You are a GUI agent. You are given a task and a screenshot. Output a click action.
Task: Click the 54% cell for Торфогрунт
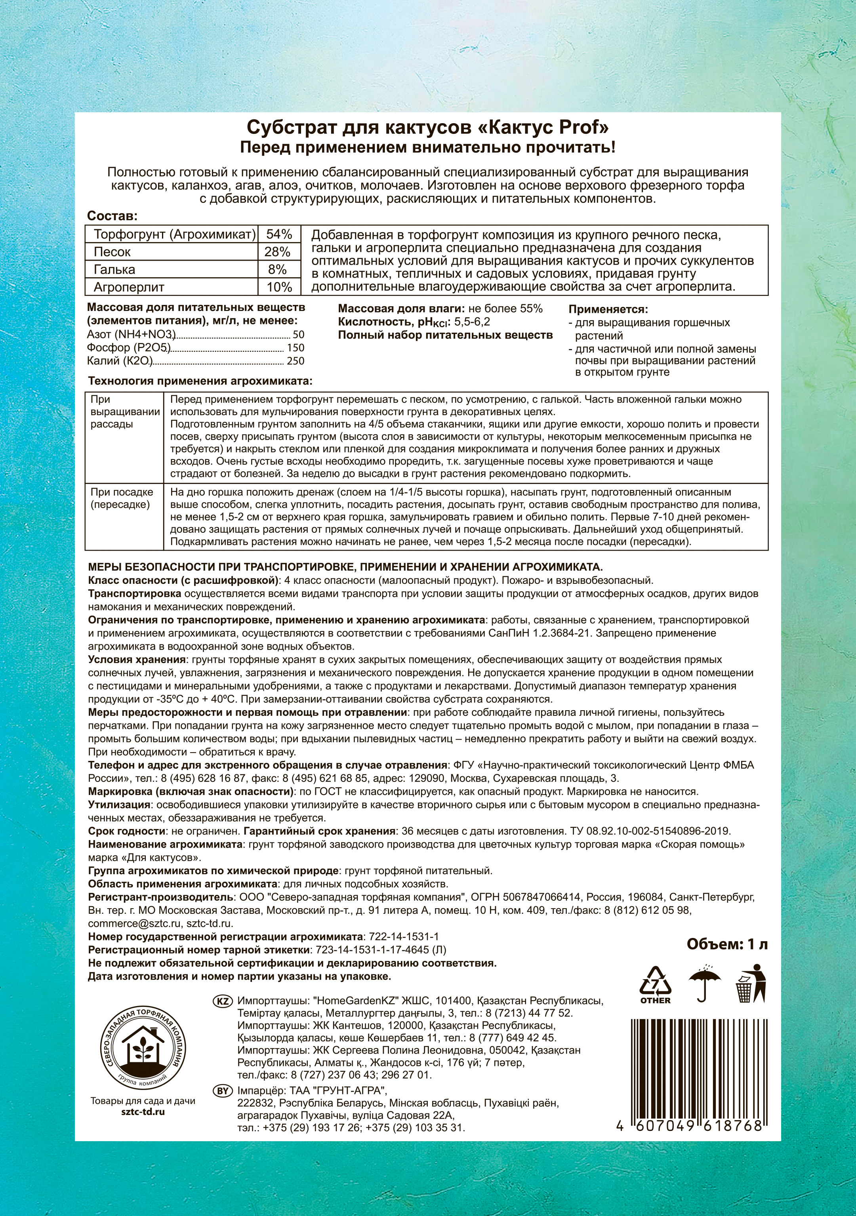click(x=278, y=234)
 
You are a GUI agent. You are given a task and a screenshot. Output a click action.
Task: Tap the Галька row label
click(x=114, y=270)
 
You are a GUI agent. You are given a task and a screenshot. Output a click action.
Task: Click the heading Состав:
click(x=112, y=216)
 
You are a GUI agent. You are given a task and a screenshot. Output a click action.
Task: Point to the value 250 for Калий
click(x=296, y=361)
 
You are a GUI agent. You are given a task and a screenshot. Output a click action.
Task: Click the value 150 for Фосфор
click(x=296, y=348)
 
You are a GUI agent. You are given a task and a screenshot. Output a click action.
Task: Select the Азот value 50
click(x=299, y=335)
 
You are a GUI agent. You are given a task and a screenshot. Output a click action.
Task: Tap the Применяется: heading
click(x=608, y=309)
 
